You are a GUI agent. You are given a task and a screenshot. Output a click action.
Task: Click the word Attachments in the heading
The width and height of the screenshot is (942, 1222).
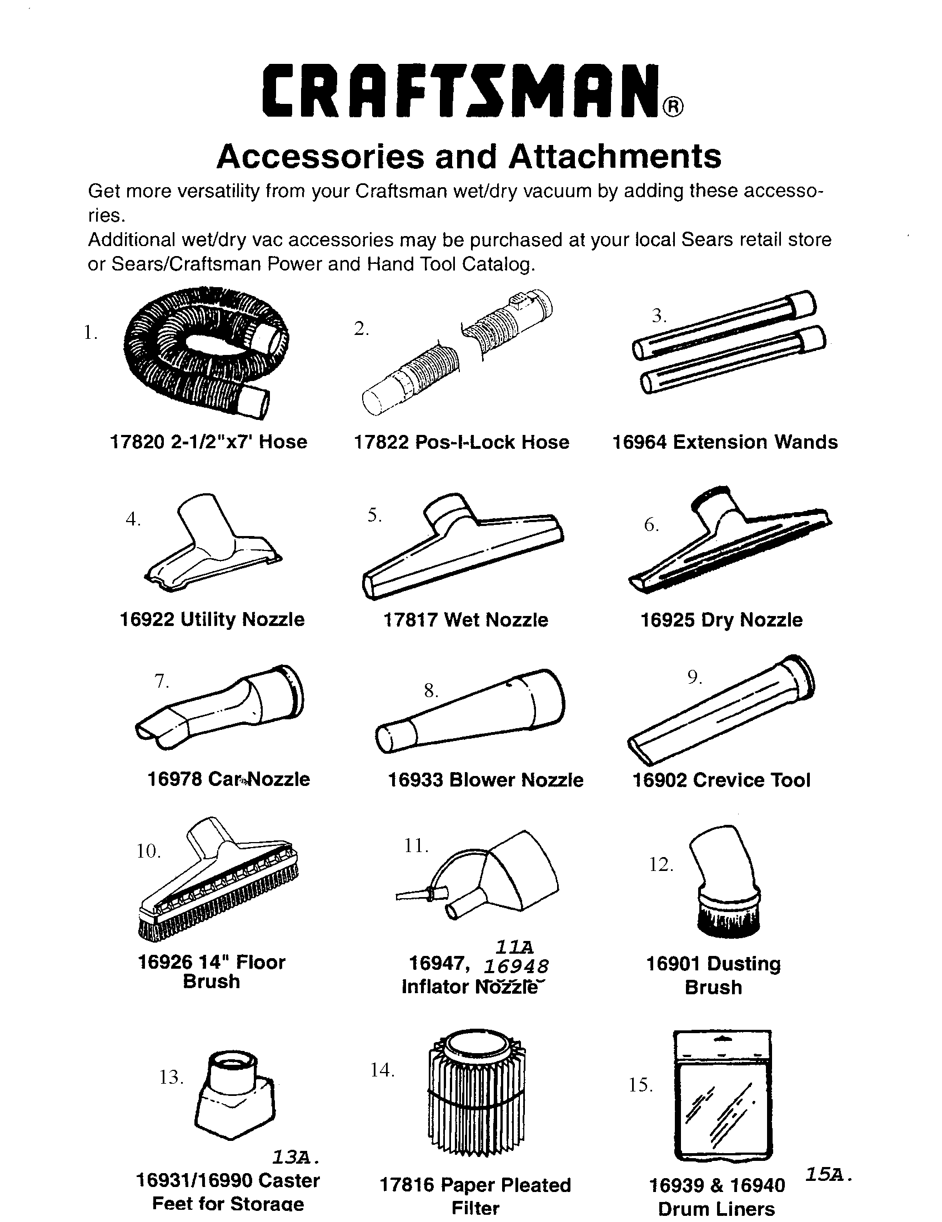click(614, 156)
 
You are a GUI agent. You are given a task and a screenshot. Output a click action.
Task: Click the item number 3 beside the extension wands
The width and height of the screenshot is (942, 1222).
click(659, 316)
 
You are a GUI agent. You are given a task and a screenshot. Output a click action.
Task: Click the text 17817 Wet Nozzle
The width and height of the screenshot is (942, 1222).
click(465, 619)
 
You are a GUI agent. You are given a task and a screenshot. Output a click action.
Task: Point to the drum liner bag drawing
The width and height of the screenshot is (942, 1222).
click(722, 1096)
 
